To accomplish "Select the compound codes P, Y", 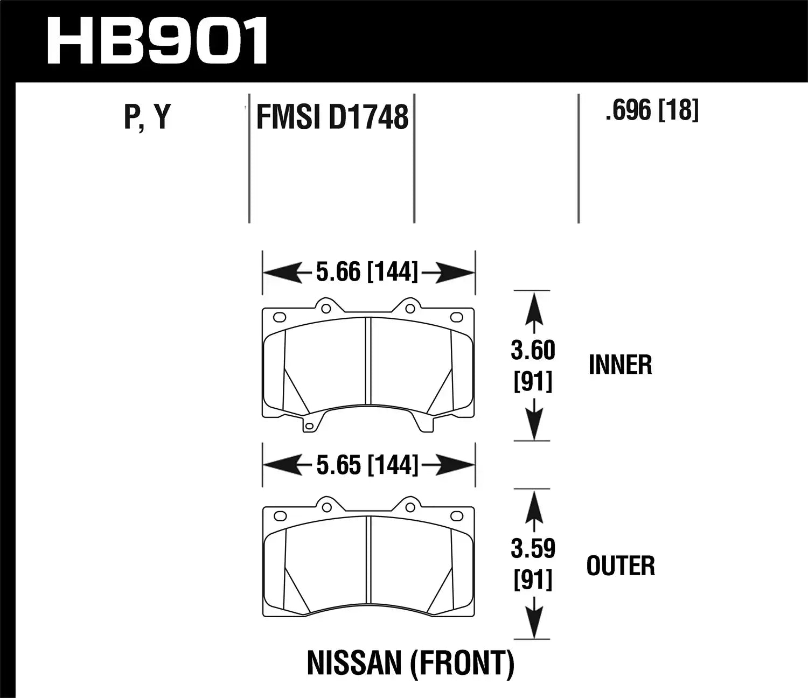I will coord(147,116).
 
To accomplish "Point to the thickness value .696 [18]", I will coord(652,110).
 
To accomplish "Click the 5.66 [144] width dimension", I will coord(367,272).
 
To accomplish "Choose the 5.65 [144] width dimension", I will coord(367,465).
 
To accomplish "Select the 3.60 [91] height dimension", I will coord(533,366).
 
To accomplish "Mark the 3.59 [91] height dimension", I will coord(533,563).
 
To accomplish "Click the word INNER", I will coord(620,365).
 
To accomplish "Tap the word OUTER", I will coord(621,566).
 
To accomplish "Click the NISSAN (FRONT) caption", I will coord(410,664).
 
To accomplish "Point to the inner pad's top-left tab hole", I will coord(325,309).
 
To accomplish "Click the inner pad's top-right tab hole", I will coord(410,309).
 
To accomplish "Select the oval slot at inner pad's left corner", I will coord(280,317).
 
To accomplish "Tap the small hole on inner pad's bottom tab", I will coord(309,427).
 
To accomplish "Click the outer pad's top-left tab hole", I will coord(325,507).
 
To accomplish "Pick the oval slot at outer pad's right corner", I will coord(456,516).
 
